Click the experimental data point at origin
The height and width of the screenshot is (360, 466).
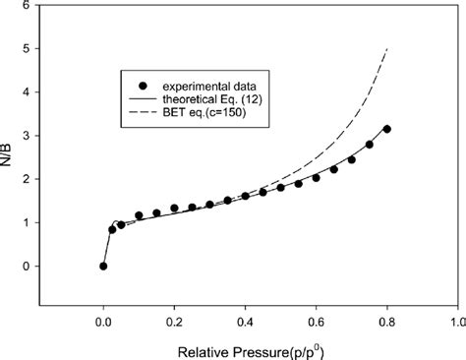click(103, 266)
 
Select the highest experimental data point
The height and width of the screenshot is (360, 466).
click(387, 129)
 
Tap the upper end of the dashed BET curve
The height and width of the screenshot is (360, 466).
click(388, 48)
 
